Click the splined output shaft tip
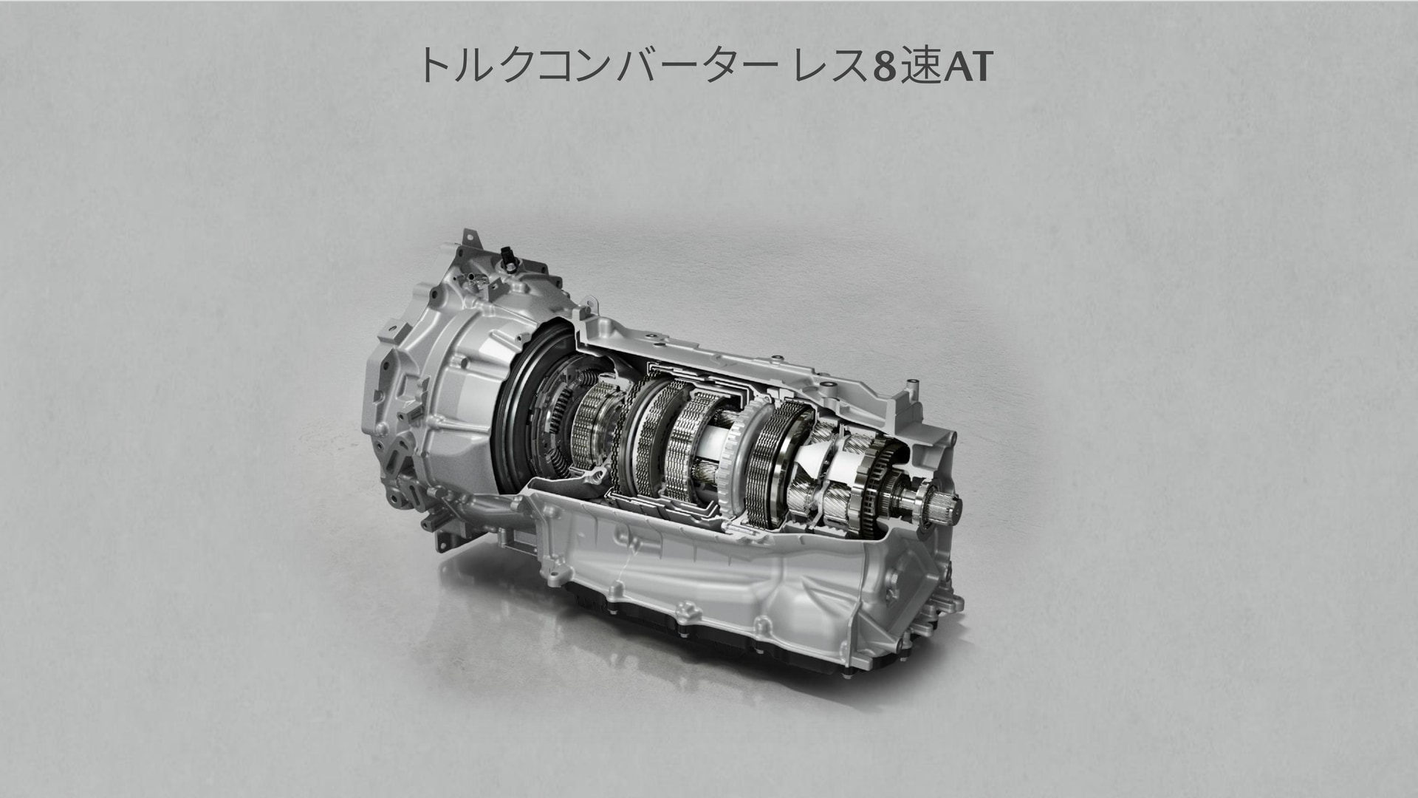948,506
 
